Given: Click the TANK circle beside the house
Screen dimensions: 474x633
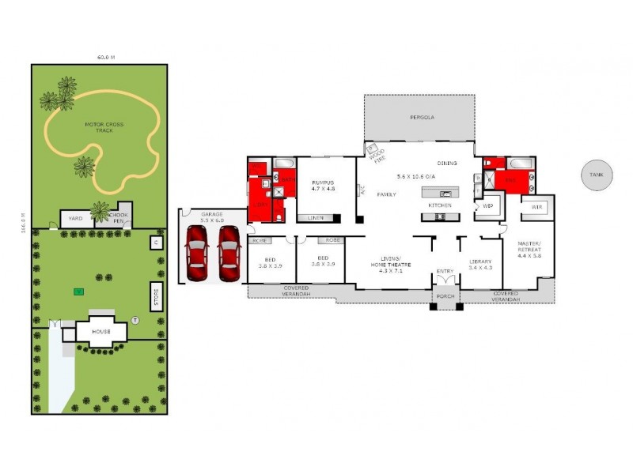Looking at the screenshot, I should click(596, 175).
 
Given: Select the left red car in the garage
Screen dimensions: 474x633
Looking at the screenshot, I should click(196, 253).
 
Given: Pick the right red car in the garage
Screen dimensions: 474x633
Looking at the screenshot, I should click(228, 253).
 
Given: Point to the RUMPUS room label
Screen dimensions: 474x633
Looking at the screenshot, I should click(323, 184).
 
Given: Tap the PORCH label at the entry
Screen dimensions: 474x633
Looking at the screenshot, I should click(445, 298).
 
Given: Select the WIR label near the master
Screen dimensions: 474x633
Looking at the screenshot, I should click(536, 207).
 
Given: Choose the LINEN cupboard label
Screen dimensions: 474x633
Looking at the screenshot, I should click(316, 217).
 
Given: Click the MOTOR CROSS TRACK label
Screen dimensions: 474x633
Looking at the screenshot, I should click(104, 126).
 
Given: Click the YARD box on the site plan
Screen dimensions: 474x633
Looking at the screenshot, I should click(76, 219).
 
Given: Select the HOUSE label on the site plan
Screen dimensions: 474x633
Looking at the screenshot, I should click(100, 331).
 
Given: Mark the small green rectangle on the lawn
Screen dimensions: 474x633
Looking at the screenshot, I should click(78, 292).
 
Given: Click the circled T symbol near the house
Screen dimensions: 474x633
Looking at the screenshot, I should click(135, 320).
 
